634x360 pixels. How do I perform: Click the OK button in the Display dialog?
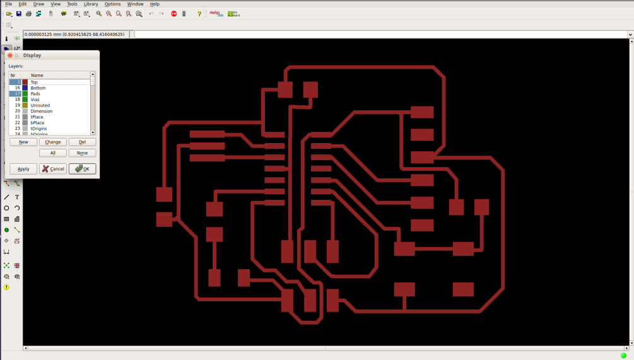point(82,168)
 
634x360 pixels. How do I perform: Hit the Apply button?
point(23,168)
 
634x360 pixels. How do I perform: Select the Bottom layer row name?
point(38,88)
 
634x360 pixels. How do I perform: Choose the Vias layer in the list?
point(36,100)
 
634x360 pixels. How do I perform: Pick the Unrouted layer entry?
point(40,105)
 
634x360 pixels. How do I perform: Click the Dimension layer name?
point(42,111)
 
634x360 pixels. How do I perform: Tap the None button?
point(82,153)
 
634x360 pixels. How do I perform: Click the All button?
point(53,153)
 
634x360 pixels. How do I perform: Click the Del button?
point(82,142)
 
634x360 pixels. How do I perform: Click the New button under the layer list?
point(23,142)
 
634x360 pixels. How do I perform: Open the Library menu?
point(91,4)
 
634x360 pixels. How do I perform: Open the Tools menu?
point(72,4)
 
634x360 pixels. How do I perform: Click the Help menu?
point(155,4)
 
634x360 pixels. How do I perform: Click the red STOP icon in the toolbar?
point(174,13)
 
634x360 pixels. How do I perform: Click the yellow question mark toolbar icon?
point(199,13)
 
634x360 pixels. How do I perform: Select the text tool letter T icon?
point(17,197)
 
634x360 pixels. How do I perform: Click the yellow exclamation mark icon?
point(6,287)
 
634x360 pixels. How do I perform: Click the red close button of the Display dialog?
point(10,55)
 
